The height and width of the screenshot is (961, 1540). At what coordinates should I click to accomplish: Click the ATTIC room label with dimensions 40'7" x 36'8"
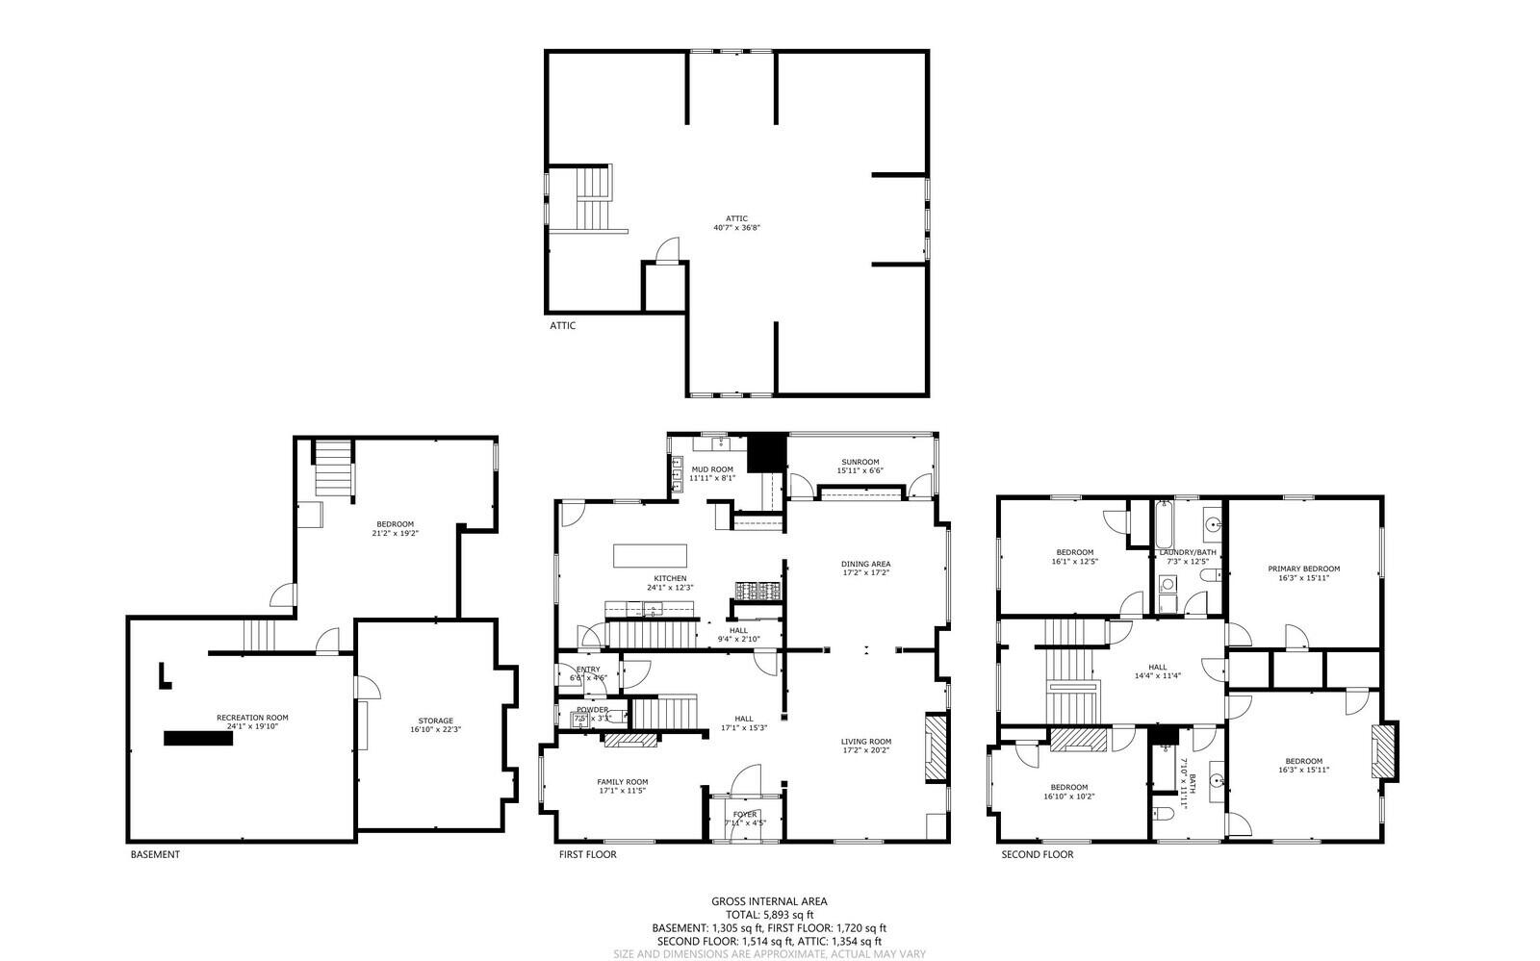pyautogui.click(x=736, y=223)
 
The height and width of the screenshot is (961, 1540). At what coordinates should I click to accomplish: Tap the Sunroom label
pyautogui.click(x=860, y=467)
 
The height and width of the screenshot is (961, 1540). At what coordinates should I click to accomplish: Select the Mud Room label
pyautogui.click(x=712, y=473)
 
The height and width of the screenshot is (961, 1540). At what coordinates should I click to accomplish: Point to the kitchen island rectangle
pyautogui.click(x=650, y=556)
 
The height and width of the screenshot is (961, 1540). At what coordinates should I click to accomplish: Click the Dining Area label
pyautogui.click(x=865, y=569)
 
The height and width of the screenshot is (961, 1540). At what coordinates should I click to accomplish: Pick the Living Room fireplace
pyautogui.click(x=936, y=748)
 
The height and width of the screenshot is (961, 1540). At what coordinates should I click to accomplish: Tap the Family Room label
pyautogui.click(x=622, y=786)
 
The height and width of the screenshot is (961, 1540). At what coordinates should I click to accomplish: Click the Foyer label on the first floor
pyautogui.click(x=745, y=818)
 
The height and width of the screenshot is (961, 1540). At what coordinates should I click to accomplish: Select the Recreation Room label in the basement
pyautogui.click(x=252, y=721)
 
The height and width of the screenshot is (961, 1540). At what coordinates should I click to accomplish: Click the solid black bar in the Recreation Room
pyautogui.click(x=198, y=738)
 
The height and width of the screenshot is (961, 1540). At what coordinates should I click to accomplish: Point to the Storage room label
pyautogui.click(x=435, y=724)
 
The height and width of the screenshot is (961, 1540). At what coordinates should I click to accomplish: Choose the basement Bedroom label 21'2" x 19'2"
pyautogui.click(x=396, y=528)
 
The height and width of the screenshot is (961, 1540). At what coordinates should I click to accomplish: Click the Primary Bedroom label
pyautogui.click(x=1303, y=573)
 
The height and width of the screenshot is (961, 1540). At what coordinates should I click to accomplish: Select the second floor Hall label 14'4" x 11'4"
pyautogui.click(x=1157, y=671)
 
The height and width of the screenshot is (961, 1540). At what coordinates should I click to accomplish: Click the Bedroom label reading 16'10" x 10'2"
pyautogui.click(x=1069, y=792)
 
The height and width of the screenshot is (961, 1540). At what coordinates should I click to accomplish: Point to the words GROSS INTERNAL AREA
pyautogui.click(x=769, y=901)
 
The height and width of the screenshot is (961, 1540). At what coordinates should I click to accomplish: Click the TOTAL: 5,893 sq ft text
pyautogui.click(x=769, y=914)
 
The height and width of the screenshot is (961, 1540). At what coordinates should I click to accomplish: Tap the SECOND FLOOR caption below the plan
pyautogui.click(x=1037, y=854)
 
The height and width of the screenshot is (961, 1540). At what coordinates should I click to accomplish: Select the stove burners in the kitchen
pyautogui.click(x=758, y=590)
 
